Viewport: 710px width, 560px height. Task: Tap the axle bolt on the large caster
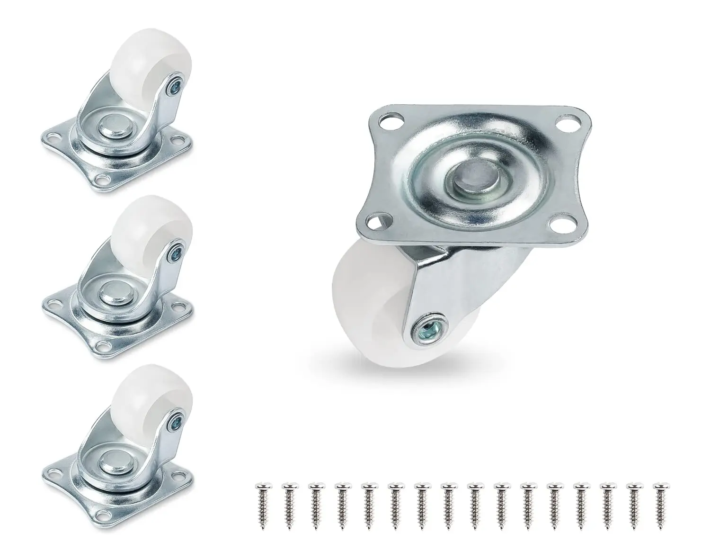pyautogui.click(x=422, y=327)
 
